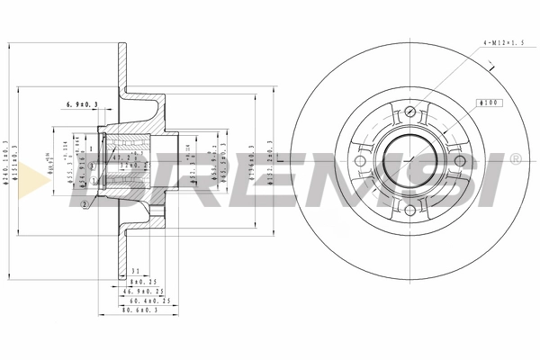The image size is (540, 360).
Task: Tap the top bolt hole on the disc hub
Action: pyautogui.click(x=409, y=112)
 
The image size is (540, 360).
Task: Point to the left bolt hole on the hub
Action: pyautogui.click(x=361, y=161)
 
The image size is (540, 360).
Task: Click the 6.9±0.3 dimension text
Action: pyautogui.click(x=82, y=105)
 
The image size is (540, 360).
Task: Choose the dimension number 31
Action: pyautogui.click(x=134, y=271)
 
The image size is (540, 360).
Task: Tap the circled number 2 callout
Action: pyautogui.click(x=84, y=205)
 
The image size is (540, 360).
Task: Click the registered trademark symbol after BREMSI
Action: pyautogui.click(x=515, y=159)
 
